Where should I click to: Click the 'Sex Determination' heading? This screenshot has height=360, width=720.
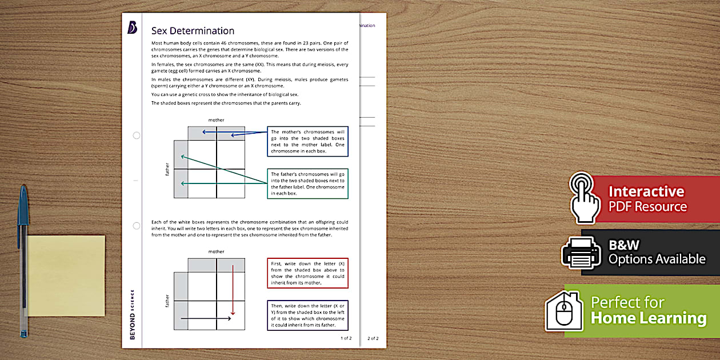coord(193,31)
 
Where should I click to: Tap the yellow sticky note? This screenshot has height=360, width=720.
coord(66,275)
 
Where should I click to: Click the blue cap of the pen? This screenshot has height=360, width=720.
coord(23,206)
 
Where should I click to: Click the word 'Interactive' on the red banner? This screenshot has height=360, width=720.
coord(646,191)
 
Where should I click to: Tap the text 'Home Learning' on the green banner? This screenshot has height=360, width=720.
coord(649,318)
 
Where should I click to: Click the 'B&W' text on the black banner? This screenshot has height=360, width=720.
coord(624,245)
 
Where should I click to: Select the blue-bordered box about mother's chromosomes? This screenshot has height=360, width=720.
coord(307,142)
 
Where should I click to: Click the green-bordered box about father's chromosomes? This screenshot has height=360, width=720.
coord(307,183)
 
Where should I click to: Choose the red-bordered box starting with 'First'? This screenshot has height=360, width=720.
coord(307,273)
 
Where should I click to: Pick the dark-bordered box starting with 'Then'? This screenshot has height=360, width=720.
coord(307,315)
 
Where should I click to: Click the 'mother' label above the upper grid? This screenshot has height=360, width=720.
coord(216,120)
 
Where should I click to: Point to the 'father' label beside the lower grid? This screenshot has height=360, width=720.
coord(167,301)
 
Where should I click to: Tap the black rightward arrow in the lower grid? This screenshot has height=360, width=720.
coord(206,318)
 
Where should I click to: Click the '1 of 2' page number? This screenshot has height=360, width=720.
coord(346,338)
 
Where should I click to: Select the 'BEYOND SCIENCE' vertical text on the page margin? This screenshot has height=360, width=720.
coord(133,314)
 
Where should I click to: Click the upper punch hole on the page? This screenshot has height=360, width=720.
coord(136,135)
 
